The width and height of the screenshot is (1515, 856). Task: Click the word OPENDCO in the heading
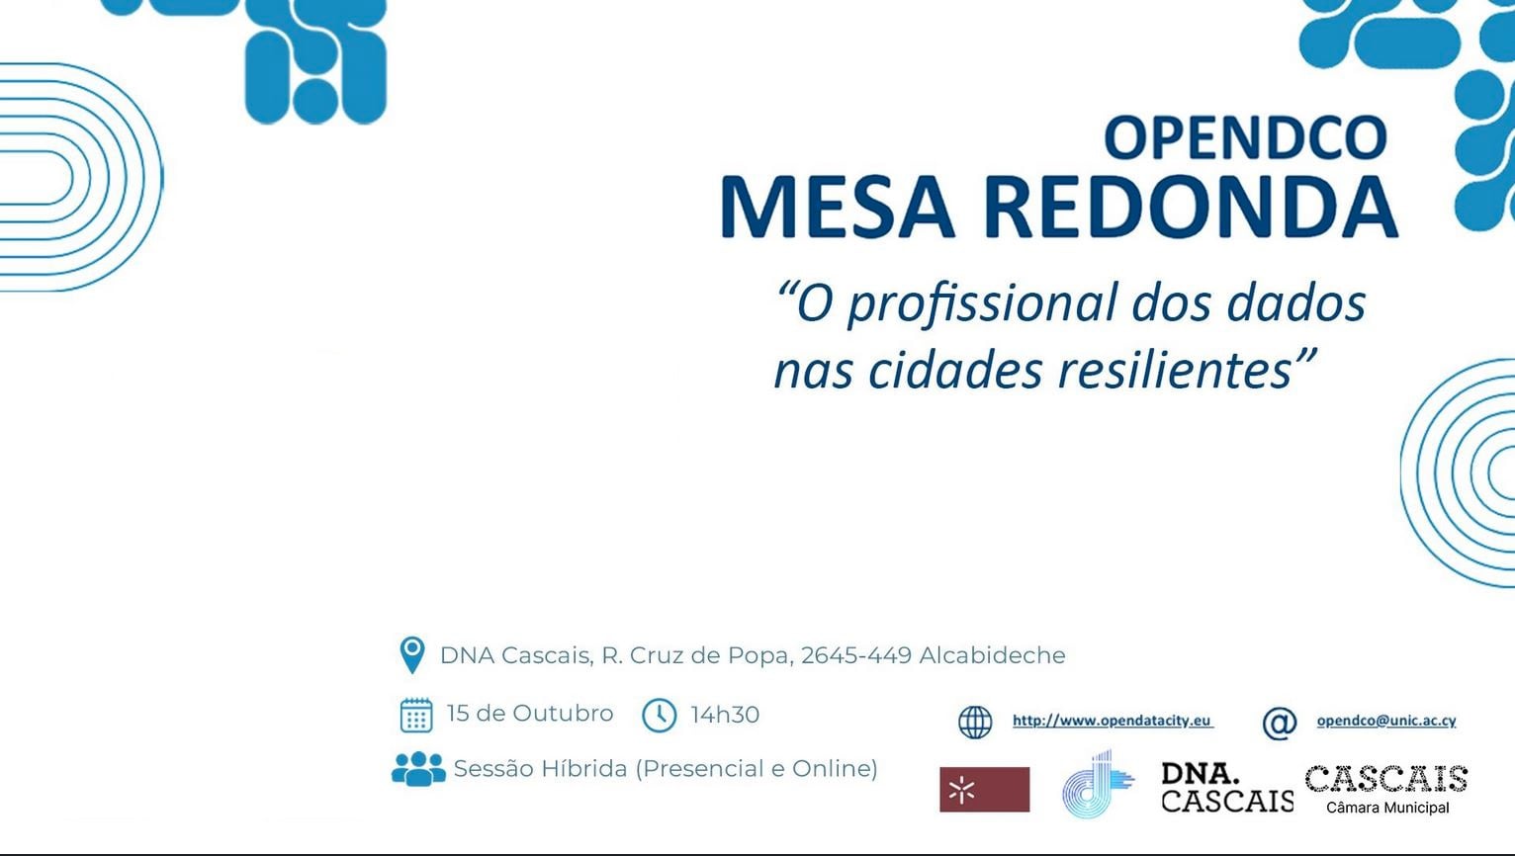click(1245, 137)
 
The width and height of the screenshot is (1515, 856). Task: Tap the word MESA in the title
click(838, 207)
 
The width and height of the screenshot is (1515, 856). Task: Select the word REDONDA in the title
click(1191, 207)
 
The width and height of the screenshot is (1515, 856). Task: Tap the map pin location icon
click(412, 655)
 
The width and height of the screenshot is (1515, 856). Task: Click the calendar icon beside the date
click(416, 716)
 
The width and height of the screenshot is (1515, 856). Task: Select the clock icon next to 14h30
click(659, 716)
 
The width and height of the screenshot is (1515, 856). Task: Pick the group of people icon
click(418, 769)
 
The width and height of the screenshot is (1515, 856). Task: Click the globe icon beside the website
click(975, 723)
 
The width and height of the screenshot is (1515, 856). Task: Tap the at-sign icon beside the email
click(1280, 724)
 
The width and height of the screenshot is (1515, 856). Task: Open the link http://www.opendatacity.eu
click(1113, 721)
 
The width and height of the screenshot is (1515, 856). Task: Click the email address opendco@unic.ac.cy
click(1385, 721)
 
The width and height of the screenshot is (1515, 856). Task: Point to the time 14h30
click(725, 715)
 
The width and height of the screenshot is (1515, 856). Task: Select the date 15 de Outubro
click(530, 714)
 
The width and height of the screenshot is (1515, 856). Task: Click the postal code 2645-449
click(856, 655)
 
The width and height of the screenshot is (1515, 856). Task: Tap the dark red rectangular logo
click(985, 789)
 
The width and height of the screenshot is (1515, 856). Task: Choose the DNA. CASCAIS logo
click(1227, 787)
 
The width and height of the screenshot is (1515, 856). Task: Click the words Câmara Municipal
click(1387, 808)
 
